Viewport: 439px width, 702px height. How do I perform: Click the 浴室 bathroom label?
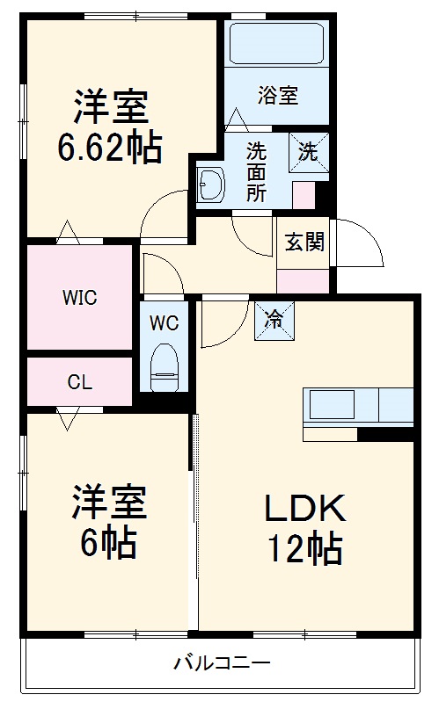click(x=278, y=96)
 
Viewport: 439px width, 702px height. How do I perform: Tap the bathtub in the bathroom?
click(x=277, y=42)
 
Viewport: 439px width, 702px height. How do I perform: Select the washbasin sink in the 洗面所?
click(x=212, y=185)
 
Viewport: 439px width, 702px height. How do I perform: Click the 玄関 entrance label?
click(x=304, y=242)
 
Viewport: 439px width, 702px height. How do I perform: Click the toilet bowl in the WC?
click(x=165, y=367)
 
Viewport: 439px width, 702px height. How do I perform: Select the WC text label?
click(x=164, y=322)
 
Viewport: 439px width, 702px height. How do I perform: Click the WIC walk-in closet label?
click(x=79, y=297)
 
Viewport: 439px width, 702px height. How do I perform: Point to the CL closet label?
click(x=79, y=382)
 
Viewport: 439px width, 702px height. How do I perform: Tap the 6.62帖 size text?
click(x=110, y=148)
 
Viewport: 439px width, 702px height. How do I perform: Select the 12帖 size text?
click(x=304, y=549)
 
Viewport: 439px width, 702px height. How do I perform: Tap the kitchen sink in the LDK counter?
click(x=330, y=405)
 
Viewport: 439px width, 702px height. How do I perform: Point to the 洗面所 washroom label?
click(x=256, y=171)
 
